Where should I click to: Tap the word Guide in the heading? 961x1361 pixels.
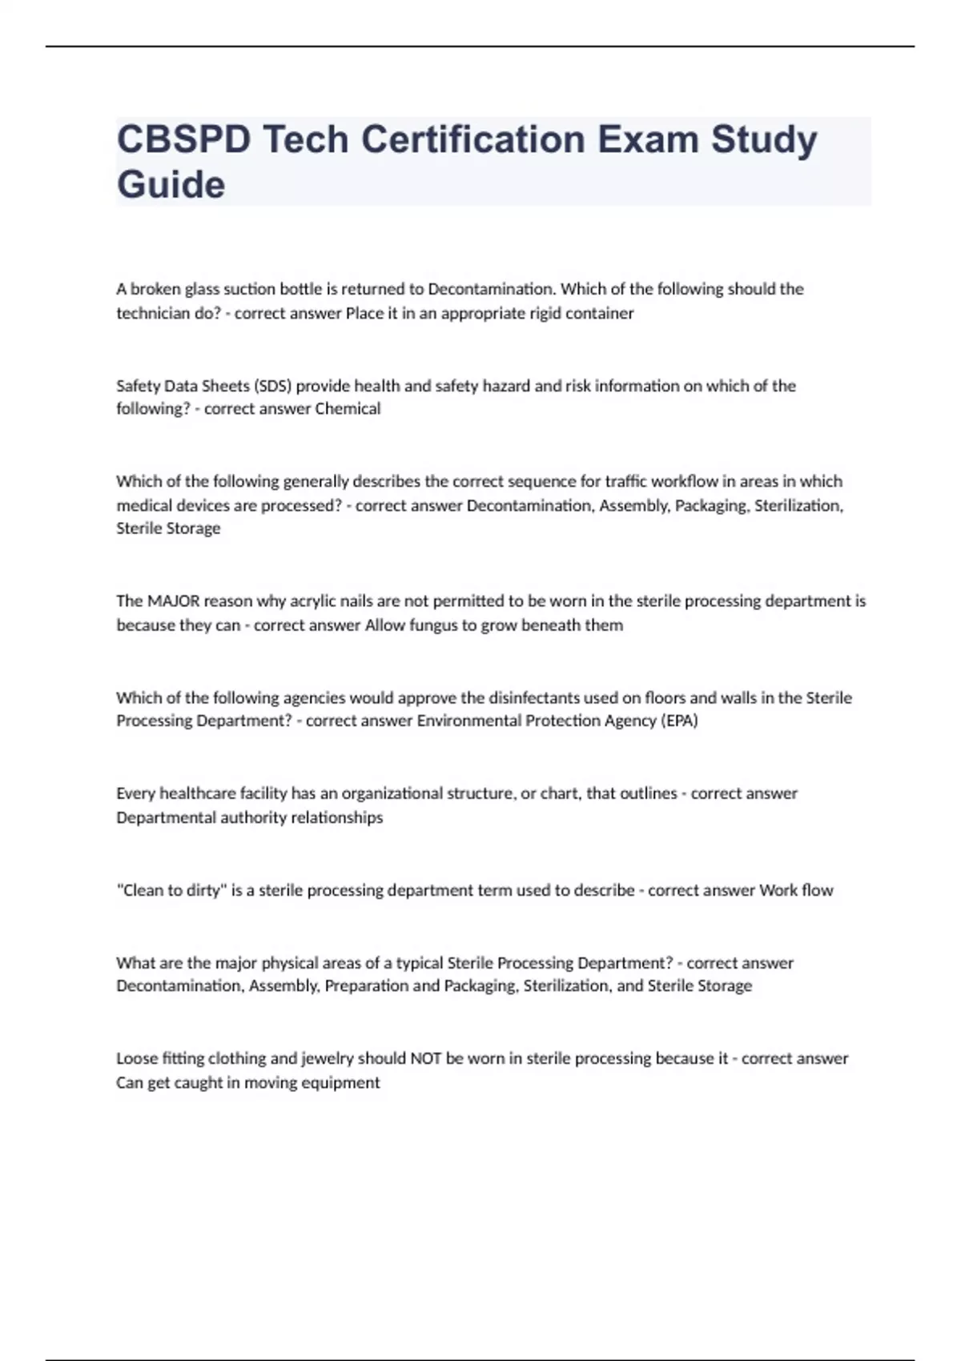[171, 185]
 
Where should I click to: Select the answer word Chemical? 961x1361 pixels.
[348, 409]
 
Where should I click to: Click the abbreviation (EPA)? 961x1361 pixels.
[679, 721]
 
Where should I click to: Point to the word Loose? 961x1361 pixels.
[137, 1058]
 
